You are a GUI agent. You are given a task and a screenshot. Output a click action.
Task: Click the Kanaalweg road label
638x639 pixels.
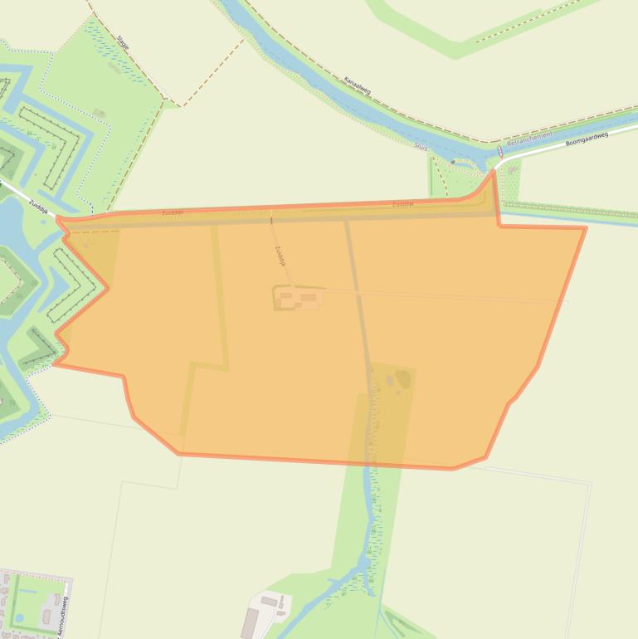(x=358, y=86)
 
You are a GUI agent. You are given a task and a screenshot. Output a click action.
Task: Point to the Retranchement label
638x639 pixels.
(x=528, y=141)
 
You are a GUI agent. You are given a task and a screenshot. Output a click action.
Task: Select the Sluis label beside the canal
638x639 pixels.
(x=421, y=146)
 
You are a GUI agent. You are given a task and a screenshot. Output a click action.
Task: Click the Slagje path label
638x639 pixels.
(x=124, y=43)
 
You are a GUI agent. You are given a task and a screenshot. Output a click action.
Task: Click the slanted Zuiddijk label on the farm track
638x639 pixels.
(x=280, y=255)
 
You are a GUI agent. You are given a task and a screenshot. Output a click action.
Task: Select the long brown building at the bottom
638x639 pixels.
(x=250, y=622)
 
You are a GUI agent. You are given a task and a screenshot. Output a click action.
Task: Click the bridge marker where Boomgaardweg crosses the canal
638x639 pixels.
(x=500, y=152)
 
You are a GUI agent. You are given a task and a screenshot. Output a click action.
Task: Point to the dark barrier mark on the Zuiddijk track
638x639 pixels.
(x=271, y=221)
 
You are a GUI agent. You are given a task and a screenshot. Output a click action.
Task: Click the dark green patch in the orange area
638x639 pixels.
(x=402, y=380)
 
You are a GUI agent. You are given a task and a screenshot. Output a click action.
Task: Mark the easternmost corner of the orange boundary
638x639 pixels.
(x=585, y=228)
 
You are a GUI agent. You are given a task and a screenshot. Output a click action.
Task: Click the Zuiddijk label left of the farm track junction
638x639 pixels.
(x=173, y=212)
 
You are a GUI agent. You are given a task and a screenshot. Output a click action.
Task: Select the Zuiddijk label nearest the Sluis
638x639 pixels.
(x=402, y=203)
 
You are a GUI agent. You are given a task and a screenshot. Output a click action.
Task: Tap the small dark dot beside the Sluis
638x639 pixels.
(x=453, y=162)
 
